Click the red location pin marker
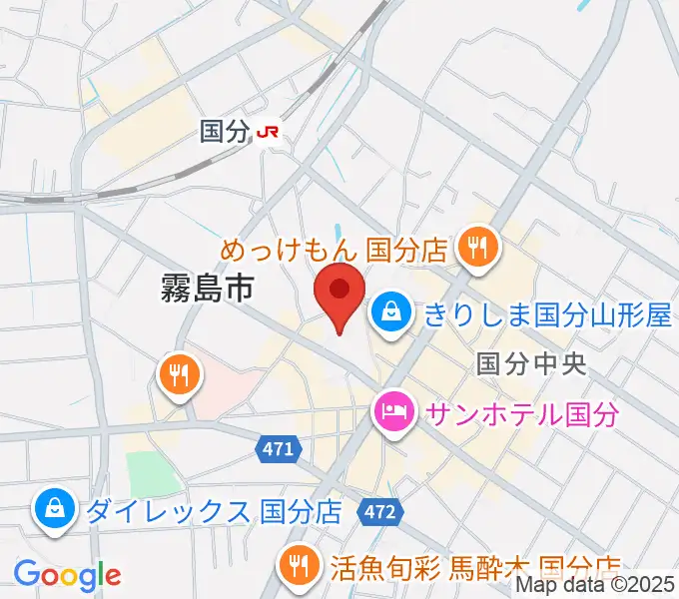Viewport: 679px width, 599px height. (339, 293)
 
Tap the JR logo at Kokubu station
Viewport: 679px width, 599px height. (269, 131)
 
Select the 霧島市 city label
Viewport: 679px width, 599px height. (207, 290)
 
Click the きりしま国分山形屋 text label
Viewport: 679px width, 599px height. (546, 315)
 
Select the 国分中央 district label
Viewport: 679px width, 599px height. (529, 362)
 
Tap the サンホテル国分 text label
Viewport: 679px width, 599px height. (523, 412)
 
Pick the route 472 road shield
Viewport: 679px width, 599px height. (380, 512)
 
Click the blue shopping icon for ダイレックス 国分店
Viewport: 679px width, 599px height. (54, 511)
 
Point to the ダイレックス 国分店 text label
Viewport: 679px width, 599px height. (215, 512)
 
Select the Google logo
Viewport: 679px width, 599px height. (67, 575)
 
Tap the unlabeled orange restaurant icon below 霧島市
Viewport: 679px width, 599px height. (180, 376)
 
